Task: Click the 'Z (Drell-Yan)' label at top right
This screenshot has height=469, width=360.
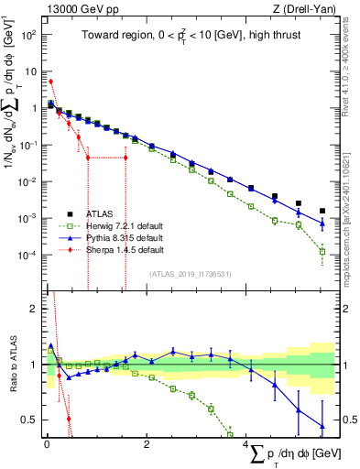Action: coord(305,9)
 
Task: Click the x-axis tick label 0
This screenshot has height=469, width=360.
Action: coord(47,445)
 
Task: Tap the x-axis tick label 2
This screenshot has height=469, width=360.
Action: coord(147,445)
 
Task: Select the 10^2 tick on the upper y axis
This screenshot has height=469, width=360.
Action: coord(31,34)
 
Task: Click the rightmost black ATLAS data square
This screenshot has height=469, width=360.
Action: coord(322,211)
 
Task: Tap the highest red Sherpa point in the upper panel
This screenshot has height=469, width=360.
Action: coord(50,82)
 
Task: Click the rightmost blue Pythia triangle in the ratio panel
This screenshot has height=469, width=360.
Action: coord(322,426)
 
